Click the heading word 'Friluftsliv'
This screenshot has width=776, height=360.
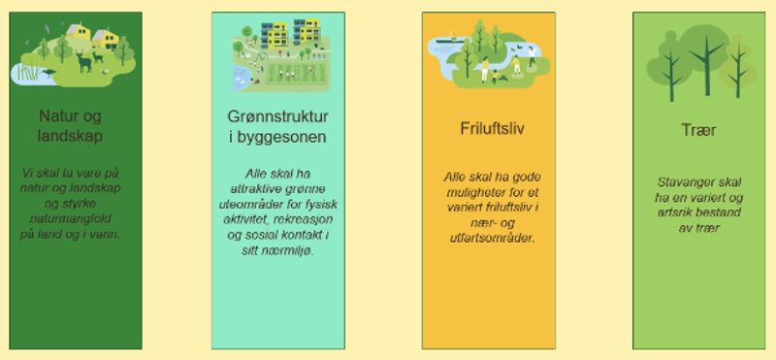pyautogui.click(x=492, y=128)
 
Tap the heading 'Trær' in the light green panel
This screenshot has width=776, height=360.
pyautogui.click(x=698, y=130)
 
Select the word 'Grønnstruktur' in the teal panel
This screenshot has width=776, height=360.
pyautogui.click(x=277, y=116)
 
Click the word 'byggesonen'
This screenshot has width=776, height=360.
pyautogui.click(x=281, y=137)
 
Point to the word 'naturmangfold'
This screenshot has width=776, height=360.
pyautogui.click(x=70, y=218)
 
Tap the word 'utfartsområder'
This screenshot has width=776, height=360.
pyautogui.click(x=493, y=238)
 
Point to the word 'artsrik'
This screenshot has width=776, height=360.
pyautogui.click(x=675, y=213)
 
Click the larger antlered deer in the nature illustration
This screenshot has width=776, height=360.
pyautogui.click(x=84, y=61)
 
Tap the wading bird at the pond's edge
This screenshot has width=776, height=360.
pyautogui.click(x=48, y=73)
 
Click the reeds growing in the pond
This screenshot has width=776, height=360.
pyautogui.click(x=28, y=72)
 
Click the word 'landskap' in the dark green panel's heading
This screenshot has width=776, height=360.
pyautogui.click(x=70, y=136)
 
